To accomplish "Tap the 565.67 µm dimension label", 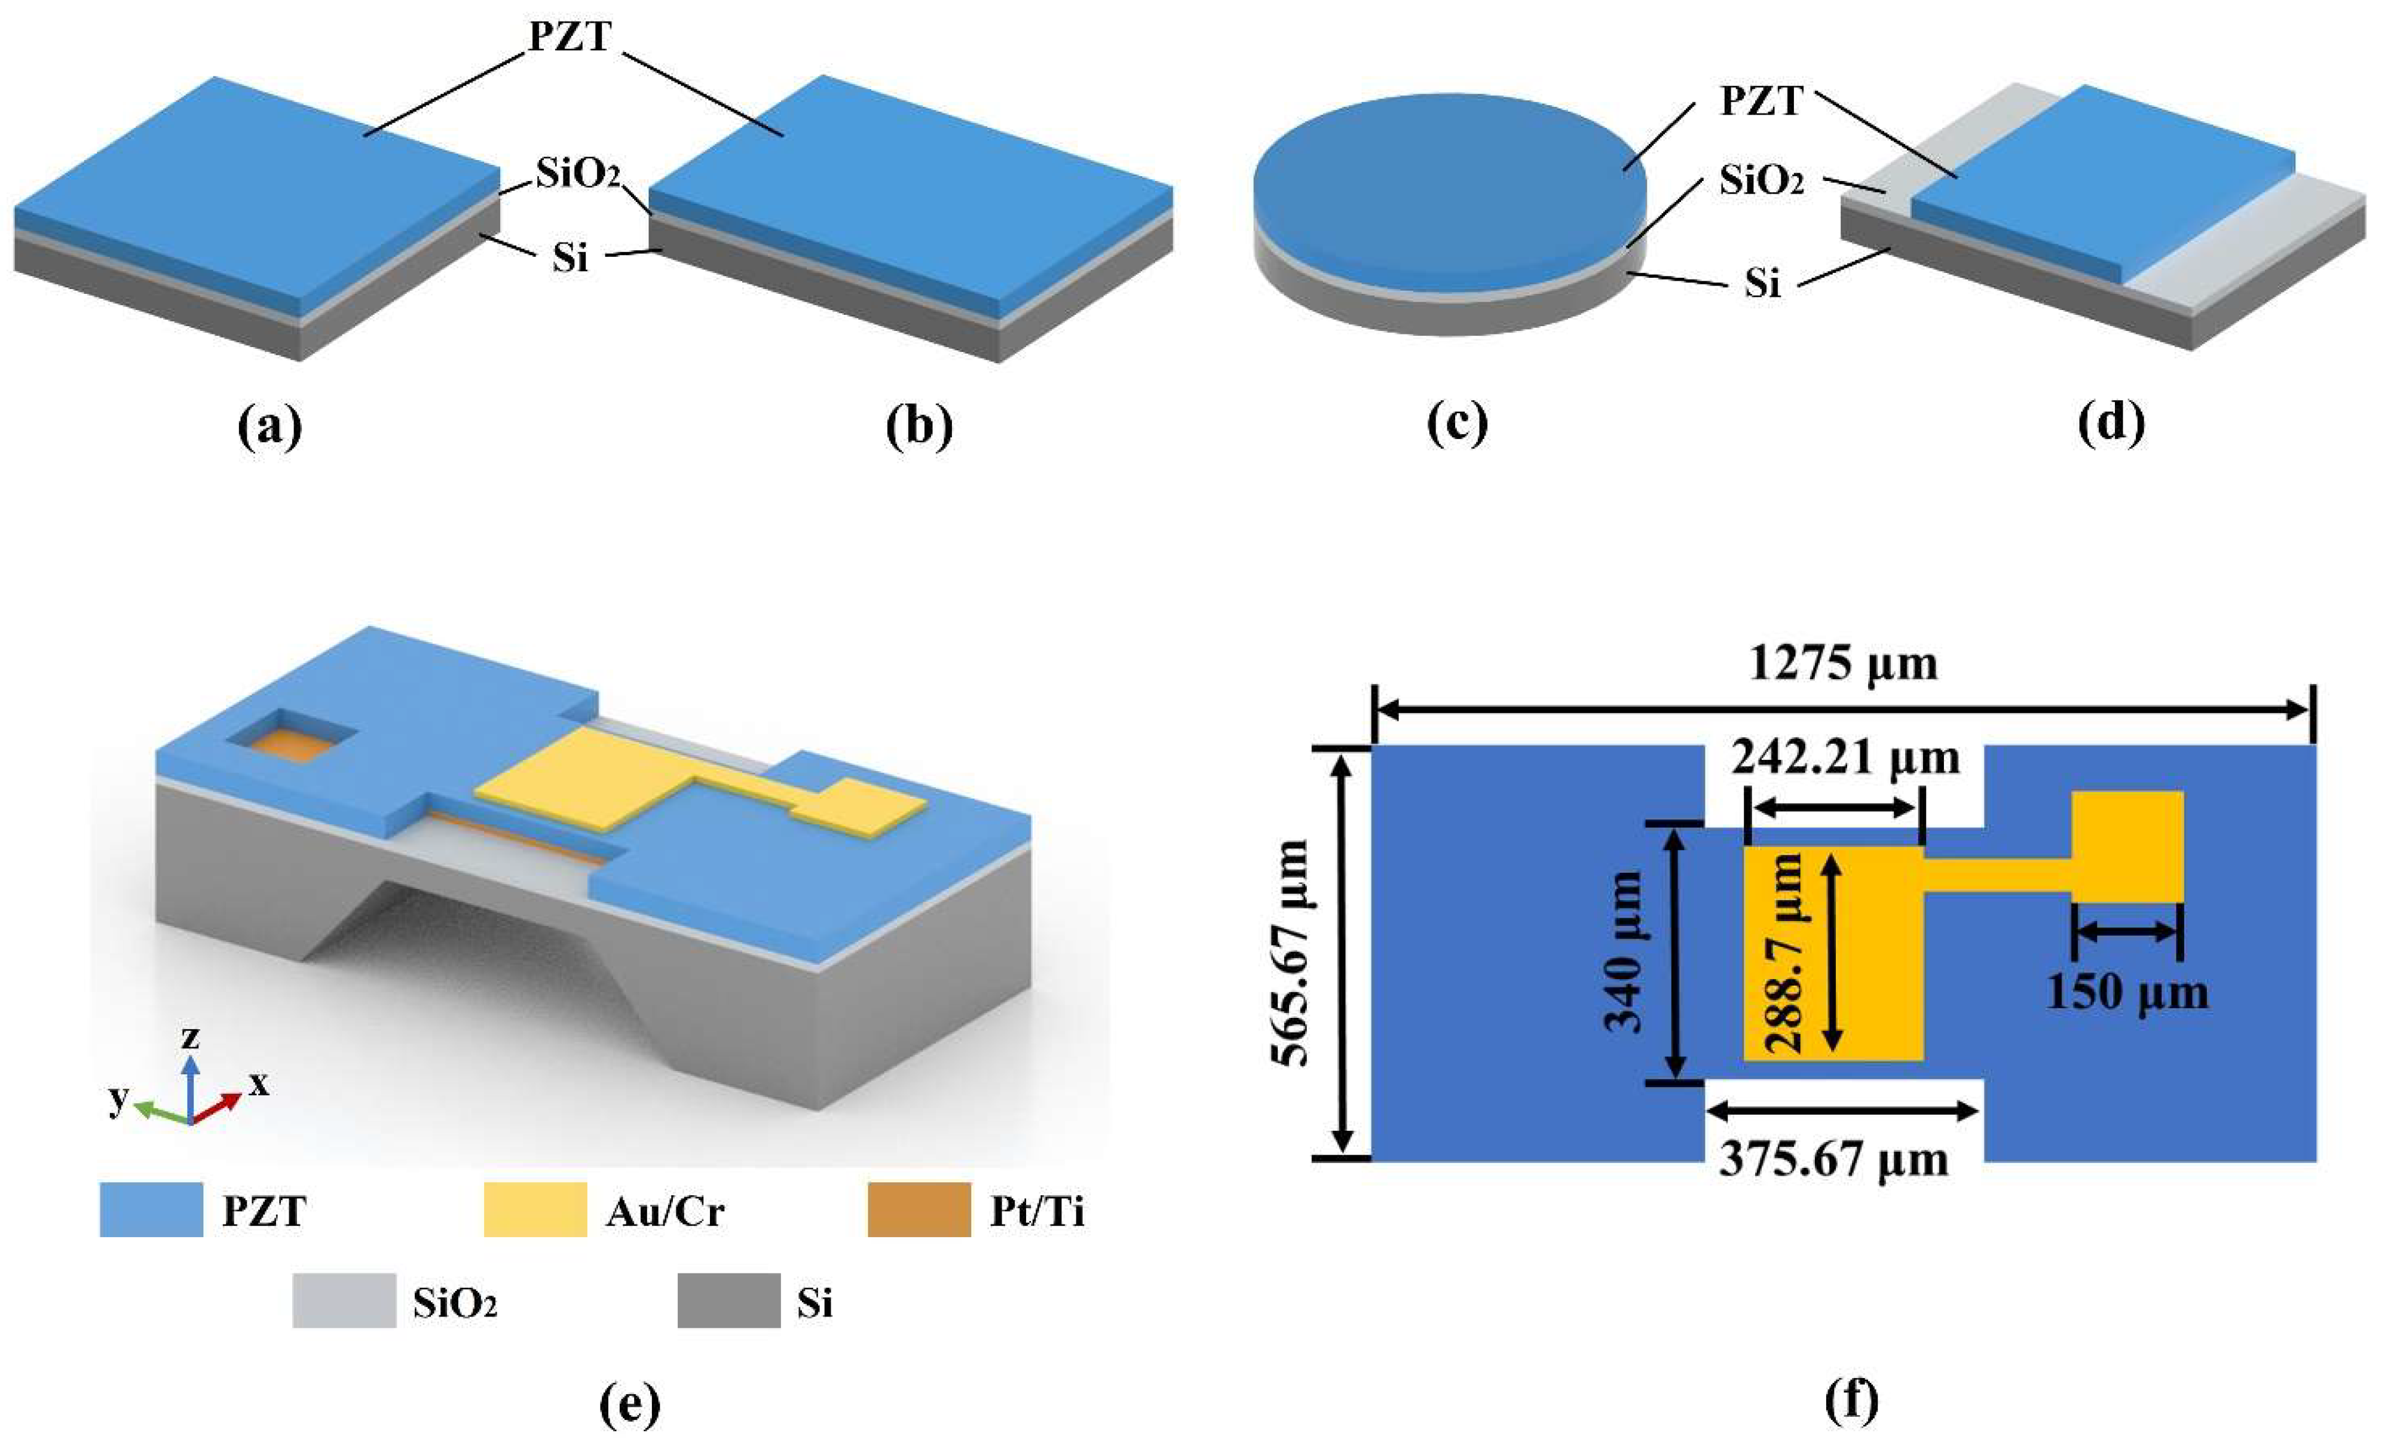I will [1290, 953].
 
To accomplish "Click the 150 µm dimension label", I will [2127, 993].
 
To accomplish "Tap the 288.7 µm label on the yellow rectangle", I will [1784, 953].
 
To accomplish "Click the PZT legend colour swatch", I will [151, 1210].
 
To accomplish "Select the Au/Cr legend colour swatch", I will [535, 1210].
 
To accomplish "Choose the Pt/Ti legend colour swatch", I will [919, 1210].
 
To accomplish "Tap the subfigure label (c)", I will [1457, 424].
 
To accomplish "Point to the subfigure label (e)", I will [630, 1404].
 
